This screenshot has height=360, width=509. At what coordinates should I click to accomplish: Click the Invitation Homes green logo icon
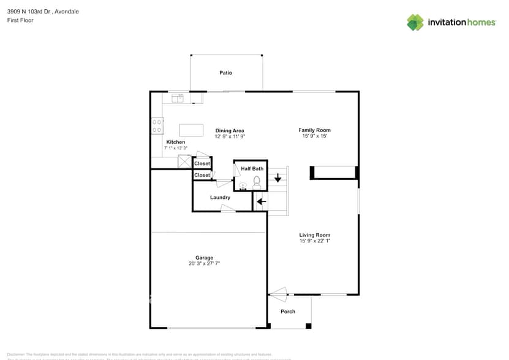pyautogui.click(x=415, y=22)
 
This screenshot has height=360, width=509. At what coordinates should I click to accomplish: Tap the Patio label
pyautogui.click(x=226, y=73)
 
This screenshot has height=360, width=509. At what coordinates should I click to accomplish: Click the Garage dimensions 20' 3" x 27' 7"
pyautogui.click(x=204, y=263)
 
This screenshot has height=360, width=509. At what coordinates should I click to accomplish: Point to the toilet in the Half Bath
pyautogui.click(x=257, y=182)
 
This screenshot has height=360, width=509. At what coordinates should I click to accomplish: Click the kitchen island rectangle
pyautogui.click(x=191, y=130)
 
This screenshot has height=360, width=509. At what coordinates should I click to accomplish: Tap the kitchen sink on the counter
pyautogui.click(x=178, y=97)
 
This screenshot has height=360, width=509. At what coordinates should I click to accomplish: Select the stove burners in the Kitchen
pyautogui.click(x=157, y=126)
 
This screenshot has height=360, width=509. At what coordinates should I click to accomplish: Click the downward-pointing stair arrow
pyautogui.click(x=277, y=178)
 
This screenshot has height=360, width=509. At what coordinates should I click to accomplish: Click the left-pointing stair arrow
pyautogui.click(x=260, y=201)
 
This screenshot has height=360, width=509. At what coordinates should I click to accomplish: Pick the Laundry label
pyautogui.click(x=220, y=197)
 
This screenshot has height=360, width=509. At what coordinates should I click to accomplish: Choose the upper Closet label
pyautogui.click(x=202, y=163)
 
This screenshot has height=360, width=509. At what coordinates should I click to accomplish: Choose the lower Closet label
pyautogui.click(x=202, y=175)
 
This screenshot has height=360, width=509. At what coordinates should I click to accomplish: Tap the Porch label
pyautogui.click(x=288, y=312)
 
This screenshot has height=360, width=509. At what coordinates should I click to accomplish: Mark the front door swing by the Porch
pyautogui.click(x=278, y=296)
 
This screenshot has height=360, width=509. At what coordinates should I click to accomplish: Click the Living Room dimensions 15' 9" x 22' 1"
pyautogui.click(x=315, y=241)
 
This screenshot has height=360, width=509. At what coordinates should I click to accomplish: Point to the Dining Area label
pyautogui.click(x=230, y=130)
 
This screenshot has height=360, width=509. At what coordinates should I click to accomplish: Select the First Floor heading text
pyautogui.click(x=20, y=20)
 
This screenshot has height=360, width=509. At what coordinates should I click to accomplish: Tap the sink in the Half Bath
pyautogui.click(x=243, y=186)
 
